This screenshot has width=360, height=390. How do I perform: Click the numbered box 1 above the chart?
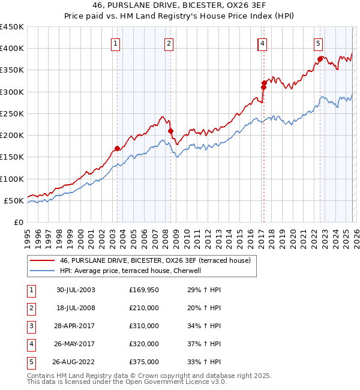(115, 43)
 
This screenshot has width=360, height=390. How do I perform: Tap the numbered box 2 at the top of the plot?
(169, 43)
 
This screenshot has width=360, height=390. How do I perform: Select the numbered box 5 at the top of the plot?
(317, 43)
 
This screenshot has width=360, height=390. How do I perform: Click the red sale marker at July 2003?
(118, 148)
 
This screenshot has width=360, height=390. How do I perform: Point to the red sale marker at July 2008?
(170, 131)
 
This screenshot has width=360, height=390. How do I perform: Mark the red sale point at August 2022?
(320, 59)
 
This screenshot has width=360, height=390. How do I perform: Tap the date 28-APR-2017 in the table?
(74, 326)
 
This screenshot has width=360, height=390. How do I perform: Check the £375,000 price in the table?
(144, 362)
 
